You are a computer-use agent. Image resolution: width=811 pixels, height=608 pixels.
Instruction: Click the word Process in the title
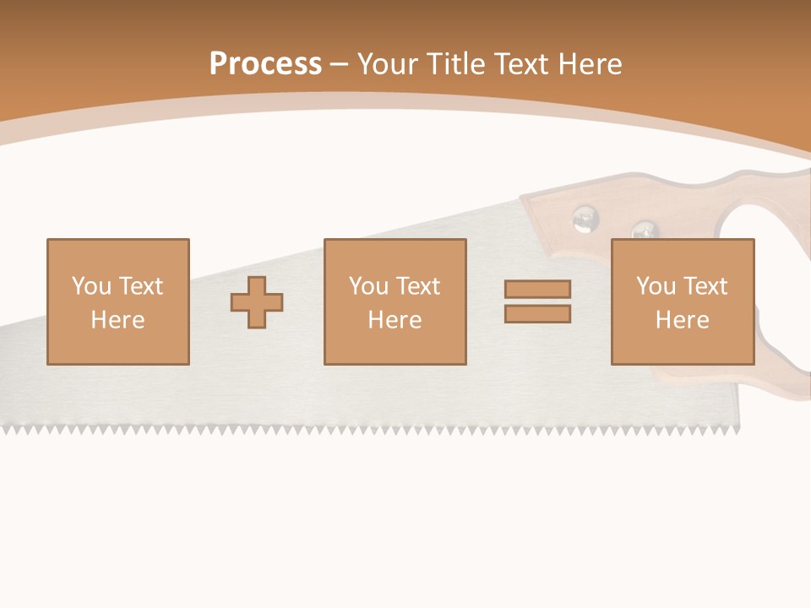[265, 64]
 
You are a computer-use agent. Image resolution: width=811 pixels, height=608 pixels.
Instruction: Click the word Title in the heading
[458, 64]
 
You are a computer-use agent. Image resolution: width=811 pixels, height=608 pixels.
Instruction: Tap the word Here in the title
[591, 64]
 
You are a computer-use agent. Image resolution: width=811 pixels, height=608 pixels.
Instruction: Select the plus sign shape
[257, 302]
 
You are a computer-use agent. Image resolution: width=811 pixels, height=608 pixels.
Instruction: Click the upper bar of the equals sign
[537, 290]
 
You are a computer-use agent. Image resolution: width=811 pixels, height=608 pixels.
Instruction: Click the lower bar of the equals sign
[537, 313]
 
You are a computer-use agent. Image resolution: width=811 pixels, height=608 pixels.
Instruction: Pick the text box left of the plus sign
[118, 301]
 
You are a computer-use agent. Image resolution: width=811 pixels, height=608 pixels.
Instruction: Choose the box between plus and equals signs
[395, 301]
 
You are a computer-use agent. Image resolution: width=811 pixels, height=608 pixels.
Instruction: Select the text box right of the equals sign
[682, 301]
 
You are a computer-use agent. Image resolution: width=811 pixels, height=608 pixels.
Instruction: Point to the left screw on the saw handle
[584, 220]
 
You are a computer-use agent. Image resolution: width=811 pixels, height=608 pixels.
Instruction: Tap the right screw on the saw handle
[645, 231]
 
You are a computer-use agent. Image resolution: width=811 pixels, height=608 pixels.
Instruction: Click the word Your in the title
[387, 64]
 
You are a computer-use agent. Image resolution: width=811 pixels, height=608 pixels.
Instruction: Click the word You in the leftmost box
[91, 286]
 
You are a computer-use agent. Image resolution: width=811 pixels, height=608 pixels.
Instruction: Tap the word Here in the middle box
[395, 320]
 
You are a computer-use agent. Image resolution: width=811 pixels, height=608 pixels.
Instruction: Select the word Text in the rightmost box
[705, 286]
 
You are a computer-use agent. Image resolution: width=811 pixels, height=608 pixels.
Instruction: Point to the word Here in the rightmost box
[682, 320]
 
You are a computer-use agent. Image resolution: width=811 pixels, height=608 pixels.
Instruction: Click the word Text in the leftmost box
[140, 286]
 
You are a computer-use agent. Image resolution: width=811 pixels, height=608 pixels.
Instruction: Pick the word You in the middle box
[368, 286]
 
